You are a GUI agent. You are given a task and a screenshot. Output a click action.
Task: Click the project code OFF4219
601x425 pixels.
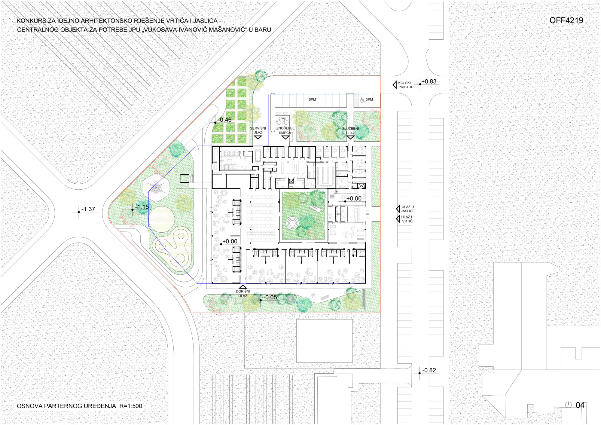click(x=566, y=20)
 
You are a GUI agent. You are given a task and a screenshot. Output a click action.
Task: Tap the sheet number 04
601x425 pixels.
click(x=580, y=405)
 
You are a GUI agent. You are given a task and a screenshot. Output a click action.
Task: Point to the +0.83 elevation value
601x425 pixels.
click(x=429, y=81)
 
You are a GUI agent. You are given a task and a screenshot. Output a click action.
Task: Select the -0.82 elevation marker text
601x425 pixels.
click(x=429, y=370)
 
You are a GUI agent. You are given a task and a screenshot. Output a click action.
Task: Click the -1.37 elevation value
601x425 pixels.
click(x=88, y=209)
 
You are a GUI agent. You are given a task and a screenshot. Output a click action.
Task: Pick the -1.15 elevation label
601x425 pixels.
click(x=142, y=207)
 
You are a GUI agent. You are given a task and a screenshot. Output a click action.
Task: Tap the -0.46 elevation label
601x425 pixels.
click(x=225, y=120)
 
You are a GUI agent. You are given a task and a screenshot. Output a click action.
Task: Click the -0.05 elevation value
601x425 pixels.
click(x=270, y=297)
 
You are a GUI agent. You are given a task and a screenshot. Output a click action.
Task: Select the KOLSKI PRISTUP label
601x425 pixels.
click(x=406, y=85)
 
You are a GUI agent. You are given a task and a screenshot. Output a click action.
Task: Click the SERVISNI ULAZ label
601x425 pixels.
click(x=258, y=130)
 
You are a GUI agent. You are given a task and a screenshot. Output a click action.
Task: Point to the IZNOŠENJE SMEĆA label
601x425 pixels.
click(x=285, y=130)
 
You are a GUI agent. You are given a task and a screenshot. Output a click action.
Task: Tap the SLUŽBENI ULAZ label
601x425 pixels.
click(x=350, y=131)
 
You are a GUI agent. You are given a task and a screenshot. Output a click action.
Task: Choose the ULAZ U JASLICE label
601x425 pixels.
click(x=408, y=209)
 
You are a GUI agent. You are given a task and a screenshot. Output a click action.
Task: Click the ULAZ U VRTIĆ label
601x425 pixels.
click(x=407, y=219)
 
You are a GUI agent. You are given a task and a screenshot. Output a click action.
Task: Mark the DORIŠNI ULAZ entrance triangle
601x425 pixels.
click(x=243, y=287)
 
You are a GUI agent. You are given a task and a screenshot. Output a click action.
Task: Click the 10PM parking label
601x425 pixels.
click(x=311, y=99)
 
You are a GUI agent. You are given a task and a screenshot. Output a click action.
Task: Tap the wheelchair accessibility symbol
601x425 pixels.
click(x=363, y=100)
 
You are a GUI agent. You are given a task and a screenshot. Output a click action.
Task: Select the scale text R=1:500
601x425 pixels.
click(x=131, y=406)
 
